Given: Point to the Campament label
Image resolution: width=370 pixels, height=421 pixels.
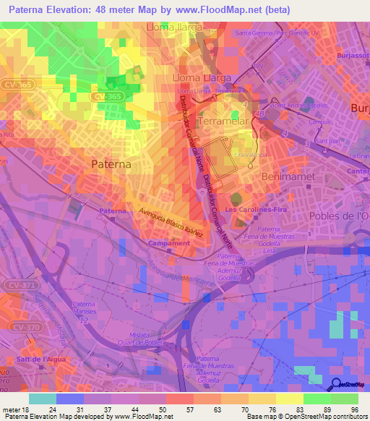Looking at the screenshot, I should click(x=169, y=243).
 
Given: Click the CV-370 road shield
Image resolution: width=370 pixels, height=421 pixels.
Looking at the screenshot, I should click(x=20, y=328).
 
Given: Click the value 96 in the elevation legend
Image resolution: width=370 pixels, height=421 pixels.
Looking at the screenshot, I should click(x=354, y=409).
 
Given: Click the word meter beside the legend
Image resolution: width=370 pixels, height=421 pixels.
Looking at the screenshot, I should click(x=10, y=409).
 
